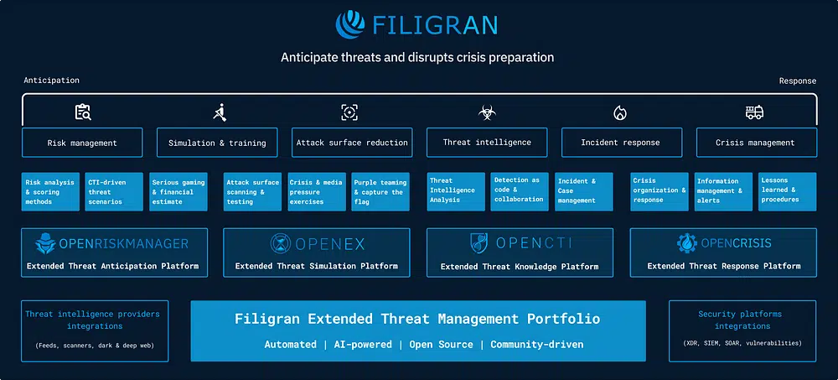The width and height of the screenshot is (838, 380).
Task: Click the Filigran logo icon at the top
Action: (352, 23)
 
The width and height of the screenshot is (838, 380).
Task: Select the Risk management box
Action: (82, 143)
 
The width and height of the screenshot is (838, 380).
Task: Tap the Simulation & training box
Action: (217, 143)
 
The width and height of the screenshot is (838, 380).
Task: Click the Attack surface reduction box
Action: (352, 143)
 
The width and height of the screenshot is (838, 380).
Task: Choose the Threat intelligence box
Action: (487, 143)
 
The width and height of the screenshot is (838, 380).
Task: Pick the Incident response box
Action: (620, 143)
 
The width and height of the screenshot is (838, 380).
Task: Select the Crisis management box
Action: (756, 143)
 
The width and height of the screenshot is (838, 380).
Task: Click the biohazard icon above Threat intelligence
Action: (487, 112)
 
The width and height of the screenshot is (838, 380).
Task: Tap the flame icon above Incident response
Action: (620, 112)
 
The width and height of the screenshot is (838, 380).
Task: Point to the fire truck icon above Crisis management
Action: (755, 112)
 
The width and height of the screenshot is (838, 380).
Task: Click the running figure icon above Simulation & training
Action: (219, 112)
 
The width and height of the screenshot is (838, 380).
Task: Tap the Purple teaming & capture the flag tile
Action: (380, 191)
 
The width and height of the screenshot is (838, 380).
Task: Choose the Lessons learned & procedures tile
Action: (787, 190)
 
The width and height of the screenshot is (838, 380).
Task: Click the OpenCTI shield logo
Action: (479, 243)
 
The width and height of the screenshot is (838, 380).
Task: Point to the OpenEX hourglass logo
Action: (281, 244)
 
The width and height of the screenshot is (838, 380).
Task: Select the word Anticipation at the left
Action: (52, 81)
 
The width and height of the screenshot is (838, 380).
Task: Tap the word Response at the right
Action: (797, 81)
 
